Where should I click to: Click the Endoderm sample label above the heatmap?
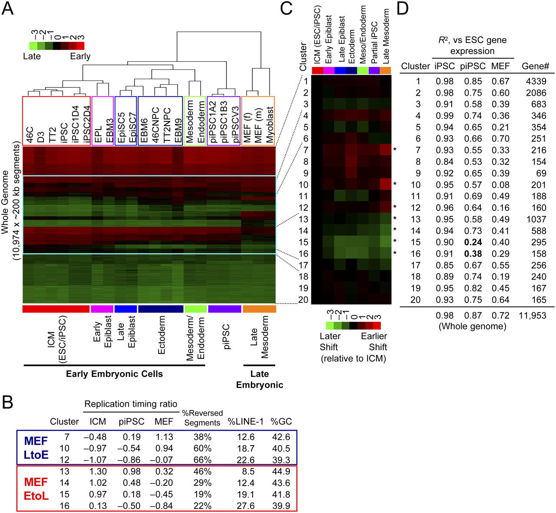click(201, 122)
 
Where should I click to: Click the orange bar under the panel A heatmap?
click(259, 309)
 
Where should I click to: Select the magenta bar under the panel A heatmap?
click(102, 309)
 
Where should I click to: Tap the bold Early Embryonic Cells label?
click(114, 374)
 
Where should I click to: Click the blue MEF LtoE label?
click(36, 448)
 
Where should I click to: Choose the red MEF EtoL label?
click(36, 489)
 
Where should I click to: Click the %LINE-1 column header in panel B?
click(245, 422)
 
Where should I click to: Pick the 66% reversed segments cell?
click(202, 460)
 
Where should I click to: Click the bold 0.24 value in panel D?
click(473, 242)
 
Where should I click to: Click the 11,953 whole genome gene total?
click(532, 316)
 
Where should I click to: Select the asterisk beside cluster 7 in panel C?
click(395, 150)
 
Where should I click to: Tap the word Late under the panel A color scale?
click(32, 56)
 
